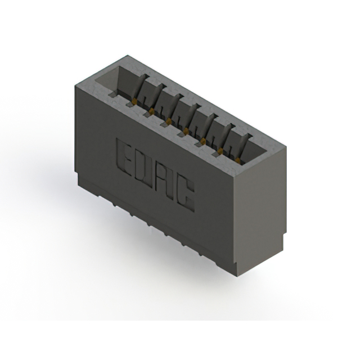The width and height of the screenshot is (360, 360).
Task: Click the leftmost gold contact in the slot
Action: (x=136, y=102)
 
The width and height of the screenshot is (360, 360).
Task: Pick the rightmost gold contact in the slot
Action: (x=238, y=161)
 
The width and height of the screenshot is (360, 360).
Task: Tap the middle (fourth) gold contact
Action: (x=184, y=131)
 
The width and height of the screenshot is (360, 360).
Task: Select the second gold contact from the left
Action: (x=151, y=112)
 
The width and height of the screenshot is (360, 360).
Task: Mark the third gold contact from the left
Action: (x=168, y=121)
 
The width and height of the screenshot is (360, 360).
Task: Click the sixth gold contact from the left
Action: (x=220, y=151)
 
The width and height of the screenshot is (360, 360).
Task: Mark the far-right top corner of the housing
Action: (x=286, y=147)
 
